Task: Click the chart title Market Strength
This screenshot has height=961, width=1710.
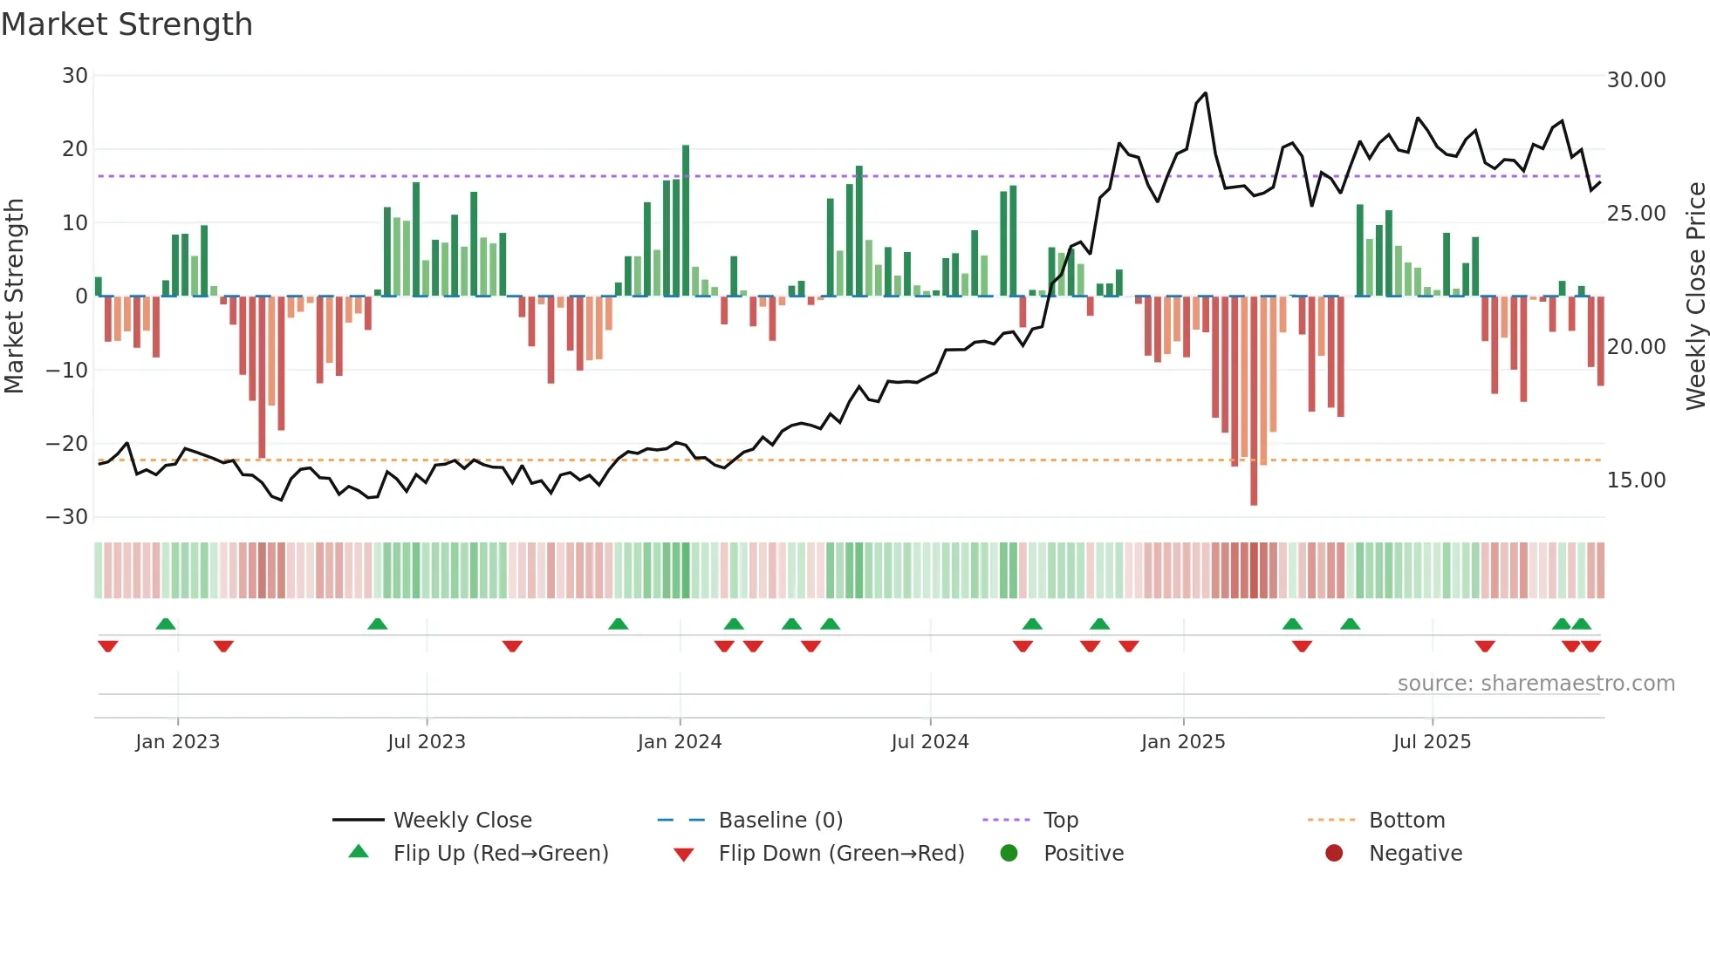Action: pyautogui.click(x=127, y=24)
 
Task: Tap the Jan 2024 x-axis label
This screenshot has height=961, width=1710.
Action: pyautogui.click(x=679, y=742)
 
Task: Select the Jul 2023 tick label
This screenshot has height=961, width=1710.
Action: pyautogui.click(x=426, y=742)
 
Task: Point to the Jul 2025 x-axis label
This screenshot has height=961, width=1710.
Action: pyautogui.click(x=1431, y=742)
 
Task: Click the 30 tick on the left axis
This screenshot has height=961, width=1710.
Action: pyautogui.click(x=75, y=76)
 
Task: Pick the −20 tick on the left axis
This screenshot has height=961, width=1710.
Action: pyautogui.click(x=67, y=444)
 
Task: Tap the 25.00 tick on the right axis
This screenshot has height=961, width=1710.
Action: pyautogui.click(x=1636, y=214)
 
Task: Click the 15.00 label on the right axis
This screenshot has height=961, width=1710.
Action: pyautogui.click(x=1636, y=481)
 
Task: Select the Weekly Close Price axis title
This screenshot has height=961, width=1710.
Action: pyautogui.click(x=1695, y=296)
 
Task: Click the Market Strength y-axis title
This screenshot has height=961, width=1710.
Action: pyautogui.click(x=14, y=296)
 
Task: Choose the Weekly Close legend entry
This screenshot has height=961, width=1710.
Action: pyautogui.click(x=462, y=821)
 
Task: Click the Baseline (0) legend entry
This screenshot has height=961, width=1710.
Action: pyautogui.click(x=780, y=821)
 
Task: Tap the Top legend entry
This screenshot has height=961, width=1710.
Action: pyautogui.click(x=1060, y=821)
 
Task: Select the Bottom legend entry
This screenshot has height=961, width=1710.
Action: pyautogui.click(x=1406, y=821)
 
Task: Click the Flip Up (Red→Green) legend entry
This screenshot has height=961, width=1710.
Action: pyautogui.click(x=500, y=854)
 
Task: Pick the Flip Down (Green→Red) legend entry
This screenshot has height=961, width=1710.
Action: pyautogui.click(x=841, y=854)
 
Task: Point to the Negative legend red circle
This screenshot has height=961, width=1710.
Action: pyautogui.click(x=1334, y=854)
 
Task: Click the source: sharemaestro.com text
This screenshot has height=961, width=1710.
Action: pyautogui.click(x=1536, y=684)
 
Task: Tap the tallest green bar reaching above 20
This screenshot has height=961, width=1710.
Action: pyautogui.click(x=686, y=222)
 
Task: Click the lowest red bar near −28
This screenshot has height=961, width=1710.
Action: pyautogui.click(x=1254, y=401)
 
